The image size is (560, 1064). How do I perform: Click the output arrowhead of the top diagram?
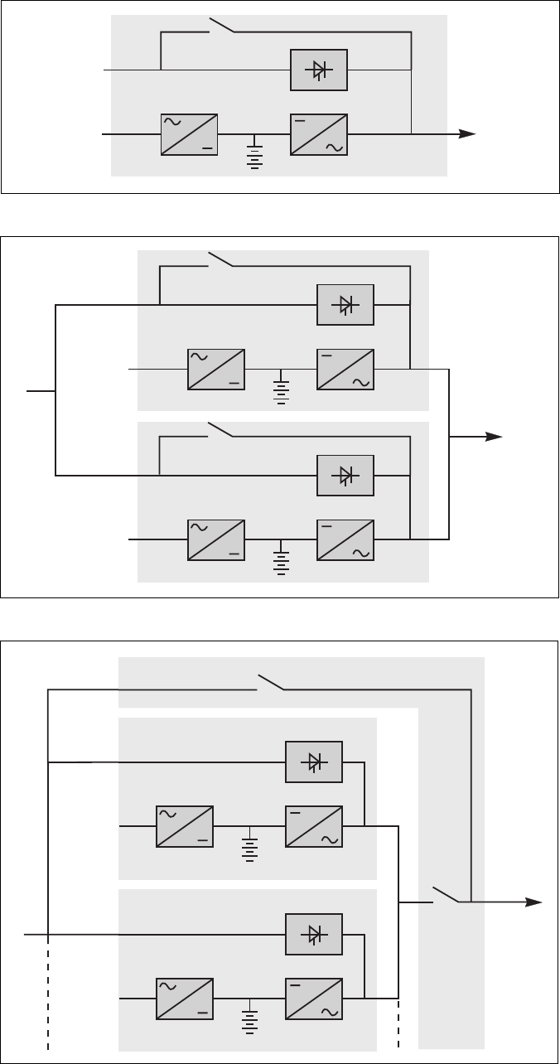(x=468, y=134)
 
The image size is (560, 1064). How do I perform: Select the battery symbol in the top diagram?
(x=254, y=153)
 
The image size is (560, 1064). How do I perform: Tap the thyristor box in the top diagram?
(x=319, y=70)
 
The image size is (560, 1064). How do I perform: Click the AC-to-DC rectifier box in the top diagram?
(x=189, y=135)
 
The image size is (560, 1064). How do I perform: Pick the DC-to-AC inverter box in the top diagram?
(x=319, y=135)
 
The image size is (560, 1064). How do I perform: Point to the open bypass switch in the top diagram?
(x=222, y=26)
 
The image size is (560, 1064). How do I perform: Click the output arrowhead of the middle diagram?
(x=495, y=437)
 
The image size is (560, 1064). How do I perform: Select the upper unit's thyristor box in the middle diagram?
(x=345, y=305)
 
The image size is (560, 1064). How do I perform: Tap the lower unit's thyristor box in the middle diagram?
(x=345, y=476)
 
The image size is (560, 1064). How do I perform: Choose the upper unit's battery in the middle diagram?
(x=282, y=388)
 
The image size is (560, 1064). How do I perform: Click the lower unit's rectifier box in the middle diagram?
(x=216, y=540)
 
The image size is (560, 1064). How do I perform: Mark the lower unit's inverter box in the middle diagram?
(x=345, y=540)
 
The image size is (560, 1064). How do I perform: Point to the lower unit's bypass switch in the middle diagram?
(x=221, y=429)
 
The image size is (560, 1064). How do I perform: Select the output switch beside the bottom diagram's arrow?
(x=444, y=895)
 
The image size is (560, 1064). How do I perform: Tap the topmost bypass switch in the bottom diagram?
(x=272, y=682)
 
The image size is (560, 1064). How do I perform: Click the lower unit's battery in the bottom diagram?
(x=249, y=1018)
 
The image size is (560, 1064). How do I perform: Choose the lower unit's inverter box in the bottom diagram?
(x=314, y=999)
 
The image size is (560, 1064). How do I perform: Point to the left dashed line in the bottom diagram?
(x=49, y=994)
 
